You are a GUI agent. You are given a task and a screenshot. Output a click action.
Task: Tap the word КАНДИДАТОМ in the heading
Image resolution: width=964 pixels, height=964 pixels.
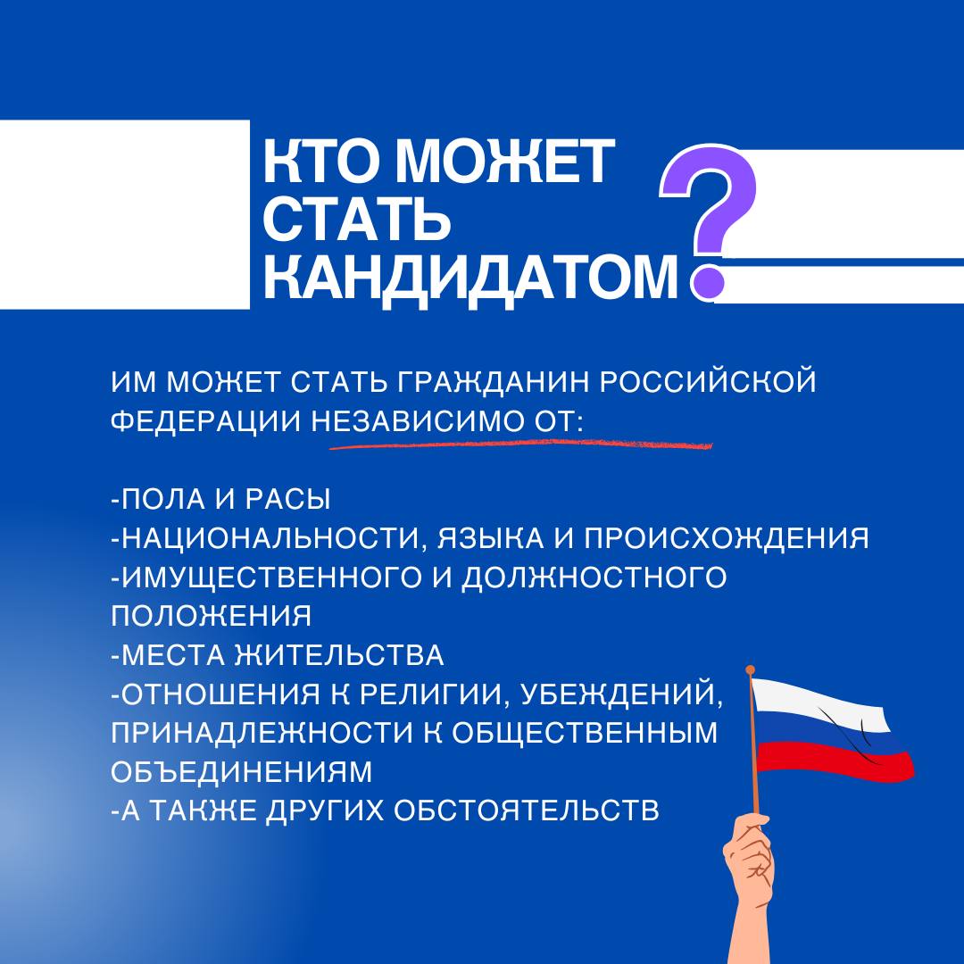pyautogui.click(x=471, y=278)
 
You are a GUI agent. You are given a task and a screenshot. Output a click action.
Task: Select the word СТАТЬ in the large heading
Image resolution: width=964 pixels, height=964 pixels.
pyautogui.click(x=357, y=220)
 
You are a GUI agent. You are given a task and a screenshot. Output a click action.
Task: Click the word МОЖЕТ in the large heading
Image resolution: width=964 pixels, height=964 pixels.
pyautogui.click(x=505, y=161)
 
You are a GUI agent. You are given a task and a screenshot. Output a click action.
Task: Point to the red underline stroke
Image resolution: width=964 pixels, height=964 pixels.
pyautogui.click(x=520, y=444)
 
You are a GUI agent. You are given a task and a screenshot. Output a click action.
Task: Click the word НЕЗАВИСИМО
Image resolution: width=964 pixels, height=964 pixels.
pyautogui.click(x=414, y=421)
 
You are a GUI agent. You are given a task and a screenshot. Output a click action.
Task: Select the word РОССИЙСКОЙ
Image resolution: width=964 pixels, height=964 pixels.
pyautogui.click(x=708, y=380)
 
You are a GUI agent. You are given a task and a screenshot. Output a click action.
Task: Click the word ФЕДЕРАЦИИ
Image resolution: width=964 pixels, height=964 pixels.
pyautogui.click(x=206, y=421)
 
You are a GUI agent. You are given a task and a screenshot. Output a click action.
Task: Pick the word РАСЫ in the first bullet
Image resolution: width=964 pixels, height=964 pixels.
pyautogui.click(x=287, y=499)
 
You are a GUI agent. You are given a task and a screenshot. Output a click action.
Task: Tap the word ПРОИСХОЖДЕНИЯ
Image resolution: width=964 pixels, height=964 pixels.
pyautogui.click(x=726, y=538)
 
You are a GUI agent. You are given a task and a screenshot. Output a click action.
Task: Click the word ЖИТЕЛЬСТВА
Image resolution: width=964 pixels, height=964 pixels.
pyautogui.click(x=340, y=656)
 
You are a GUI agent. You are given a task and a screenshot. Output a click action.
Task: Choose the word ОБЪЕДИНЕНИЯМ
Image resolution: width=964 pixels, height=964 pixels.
pyautogui.click(x=242, y=773)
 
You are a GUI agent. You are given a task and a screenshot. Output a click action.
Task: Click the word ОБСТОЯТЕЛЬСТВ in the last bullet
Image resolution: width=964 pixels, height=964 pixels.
pyautogui.click(x=527, y=811)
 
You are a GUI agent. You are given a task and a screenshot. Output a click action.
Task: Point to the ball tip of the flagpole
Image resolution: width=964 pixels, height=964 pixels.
pyautogui.click(x=750, y=670)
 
